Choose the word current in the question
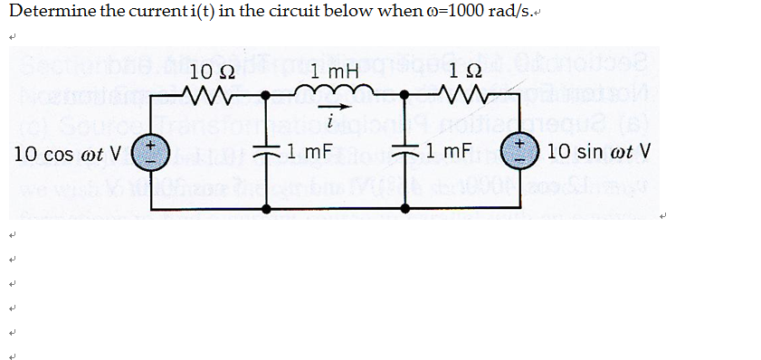pyautogui.click(x=158, y=13)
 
